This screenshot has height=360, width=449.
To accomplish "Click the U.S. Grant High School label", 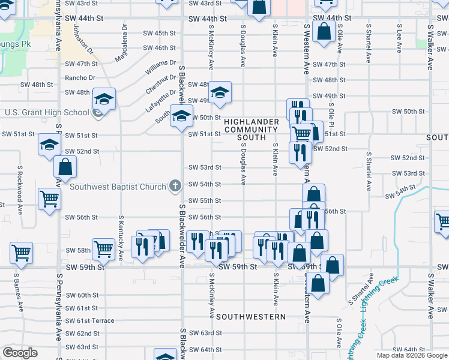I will pos(47,112).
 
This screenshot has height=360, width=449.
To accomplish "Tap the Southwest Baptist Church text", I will pos(118,187).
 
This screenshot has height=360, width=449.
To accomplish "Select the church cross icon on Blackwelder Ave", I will pos(175,186).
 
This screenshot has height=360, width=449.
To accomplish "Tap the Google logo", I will pos(20,353).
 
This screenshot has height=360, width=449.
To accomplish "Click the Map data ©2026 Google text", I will pos(411,355).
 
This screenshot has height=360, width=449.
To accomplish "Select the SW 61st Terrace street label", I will pos(90,320).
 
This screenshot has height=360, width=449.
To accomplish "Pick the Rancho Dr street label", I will pos(80,77).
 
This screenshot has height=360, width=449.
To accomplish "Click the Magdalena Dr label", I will pos(125,39).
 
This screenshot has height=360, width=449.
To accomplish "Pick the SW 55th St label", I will pos(205,200).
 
